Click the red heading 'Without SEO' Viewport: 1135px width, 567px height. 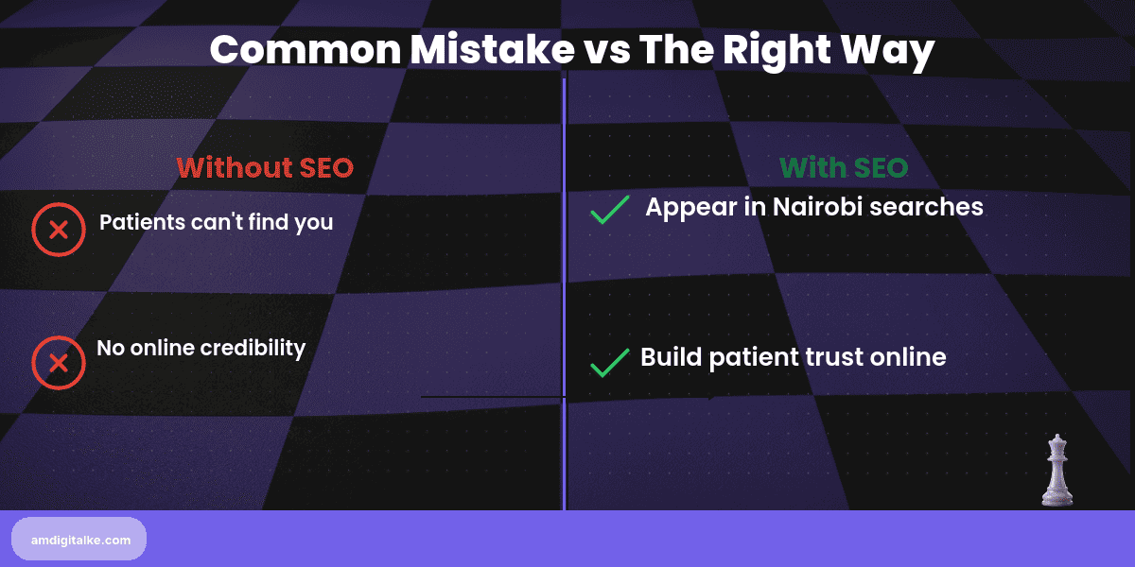265,168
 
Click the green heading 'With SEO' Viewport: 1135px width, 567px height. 844,168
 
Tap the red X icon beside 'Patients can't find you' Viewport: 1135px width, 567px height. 59,230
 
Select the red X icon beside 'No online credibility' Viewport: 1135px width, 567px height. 59,363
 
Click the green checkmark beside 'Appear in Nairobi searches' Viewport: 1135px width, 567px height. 610,210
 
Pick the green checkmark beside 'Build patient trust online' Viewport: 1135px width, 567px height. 610,362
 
